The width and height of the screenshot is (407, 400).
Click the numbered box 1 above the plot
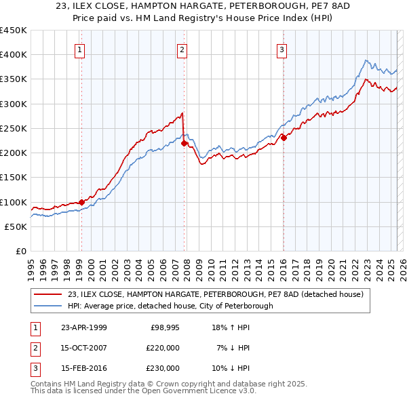(80, 49)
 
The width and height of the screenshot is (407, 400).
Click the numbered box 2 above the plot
(182, 49)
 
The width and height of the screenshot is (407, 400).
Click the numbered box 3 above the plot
(282, 49)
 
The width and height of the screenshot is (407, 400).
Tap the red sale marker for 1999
(81, 202)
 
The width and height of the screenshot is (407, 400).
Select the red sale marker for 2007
(184, 143)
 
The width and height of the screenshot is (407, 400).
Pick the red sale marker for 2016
(284, 138)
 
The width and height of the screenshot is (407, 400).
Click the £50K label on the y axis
(16, 227)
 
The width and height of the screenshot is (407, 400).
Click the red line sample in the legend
(48, 294)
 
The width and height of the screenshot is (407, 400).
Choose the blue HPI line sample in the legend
(48, 306)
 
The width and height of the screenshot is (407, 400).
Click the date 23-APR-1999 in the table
(84, 327)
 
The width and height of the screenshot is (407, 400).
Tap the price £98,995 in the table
(165, 327)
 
